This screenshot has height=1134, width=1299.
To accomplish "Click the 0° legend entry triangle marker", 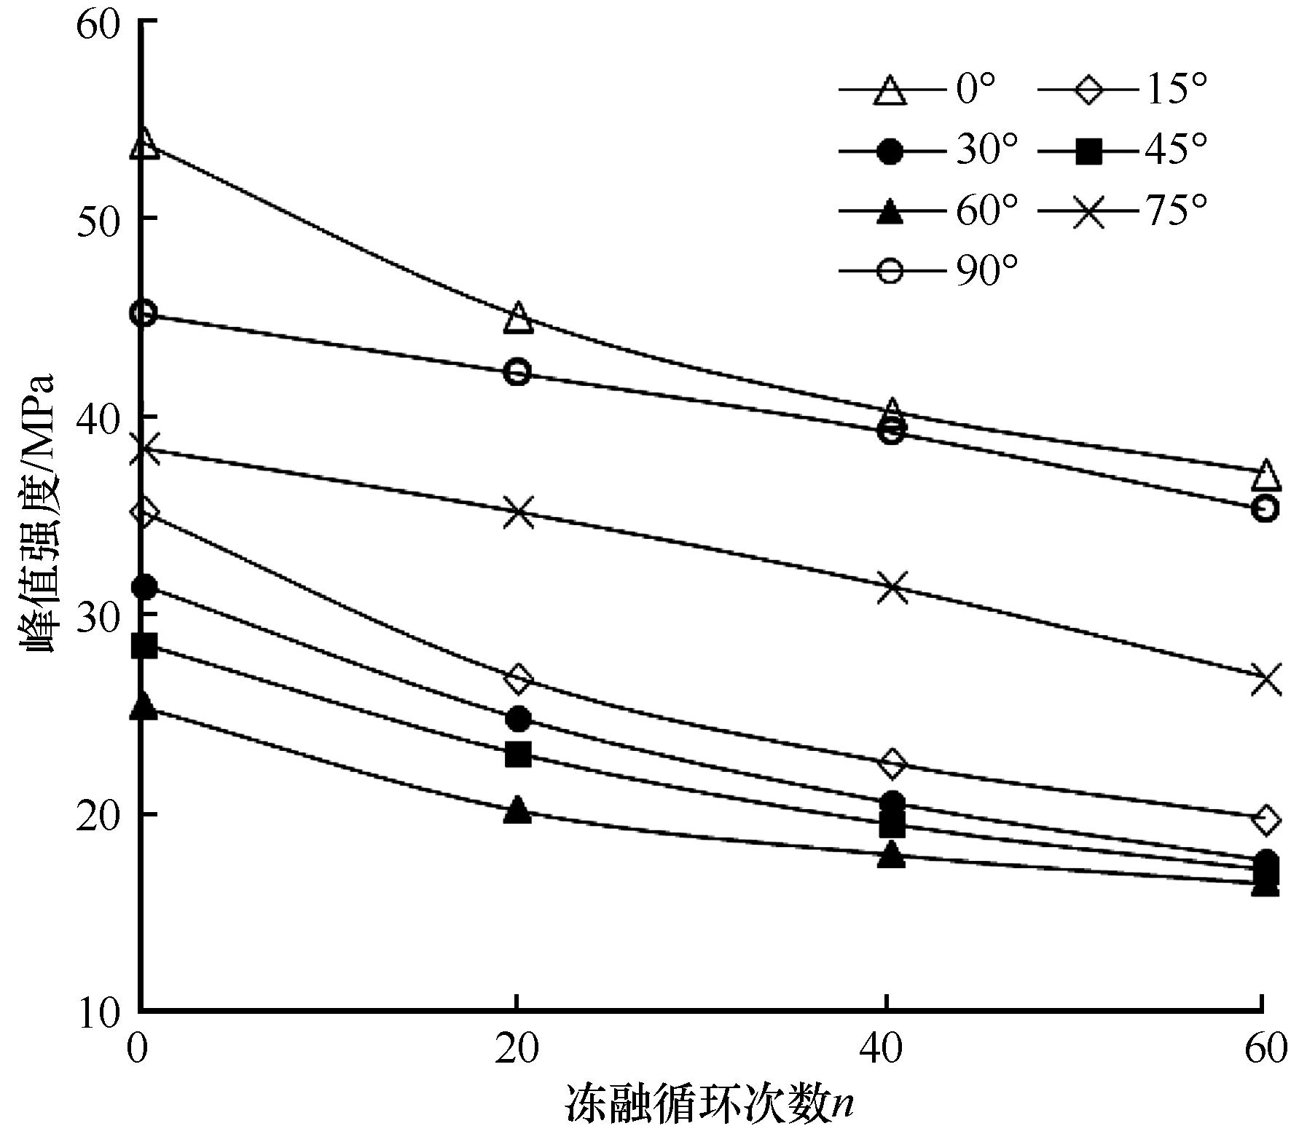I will click(890, 91).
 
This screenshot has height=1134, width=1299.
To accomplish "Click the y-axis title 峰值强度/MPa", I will click(40, 513).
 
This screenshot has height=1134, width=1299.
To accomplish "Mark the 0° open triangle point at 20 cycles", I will click(518, 318).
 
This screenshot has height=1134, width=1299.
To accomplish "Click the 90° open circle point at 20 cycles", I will click(517, 372).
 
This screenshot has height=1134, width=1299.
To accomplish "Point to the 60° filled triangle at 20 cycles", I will click(517, 809).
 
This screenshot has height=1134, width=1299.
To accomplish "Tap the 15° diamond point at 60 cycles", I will click(1265, 820).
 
